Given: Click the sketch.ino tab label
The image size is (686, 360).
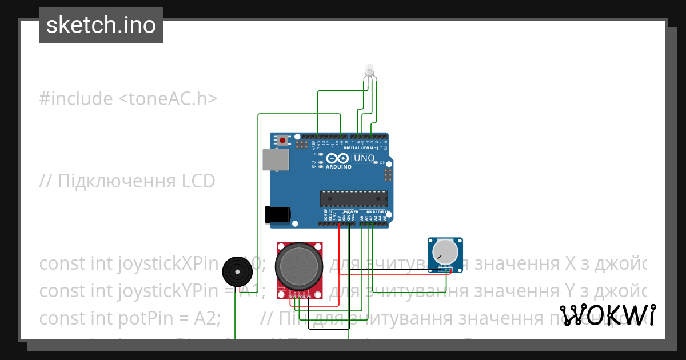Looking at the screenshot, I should pos(101,25).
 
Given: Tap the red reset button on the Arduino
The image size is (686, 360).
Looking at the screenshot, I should pos(283,139).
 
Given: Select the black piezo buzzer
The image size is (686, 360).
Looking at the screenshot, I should pos(237,271).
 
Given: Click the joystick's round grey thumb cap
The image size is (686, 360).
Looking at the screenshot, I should pos(297,264).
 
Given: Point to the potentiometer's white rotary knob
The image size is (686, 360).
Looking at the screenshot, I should pos(445,251).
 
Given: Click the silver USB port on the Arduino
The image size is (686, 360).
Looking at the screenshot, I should pos(276,159).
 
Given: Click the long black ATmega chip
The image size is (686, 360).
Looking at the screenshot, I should pos(353,198).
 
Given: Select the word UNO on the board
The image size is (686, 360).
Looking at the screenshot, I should pos(364,158).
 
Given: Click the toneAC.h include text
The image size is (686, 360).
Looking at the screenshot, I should pos(168,99).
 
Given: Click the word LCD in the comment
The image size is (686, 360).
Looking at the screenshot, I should pos(198,181).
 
